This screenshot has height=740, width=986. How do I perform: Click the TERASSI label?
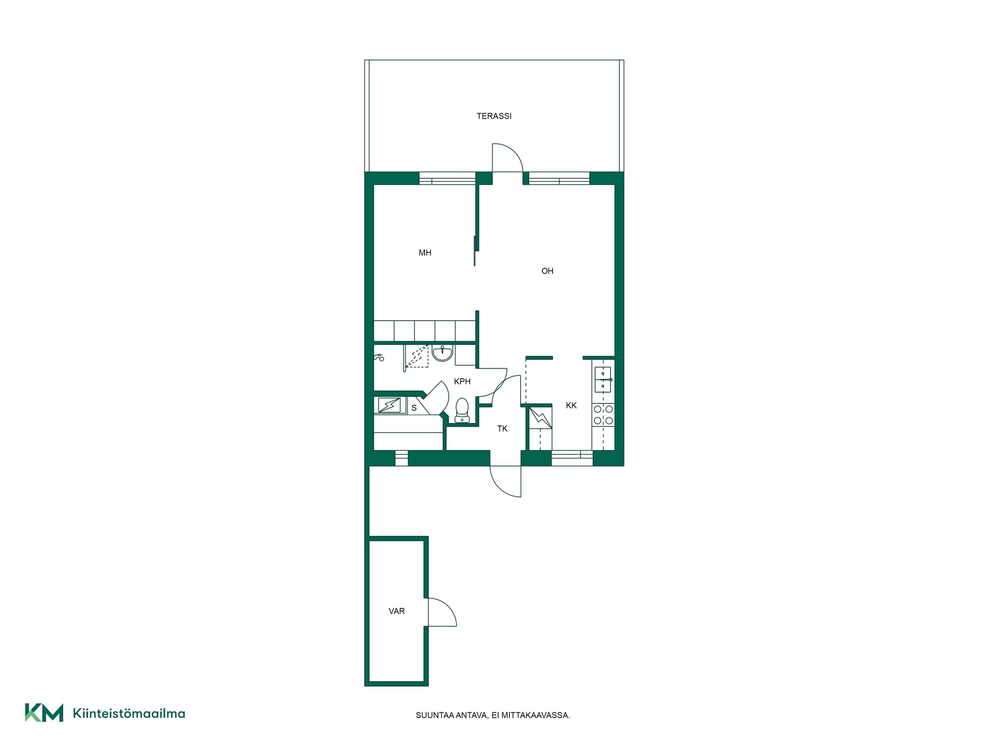[x=494, y=116]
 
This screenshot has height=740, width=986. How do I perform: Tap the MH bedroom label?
[x=425, y=253]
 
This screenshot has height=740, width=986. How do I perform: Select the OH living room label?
[x=547, y=271]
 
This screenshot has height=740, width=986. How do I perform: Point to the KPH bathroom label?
[x=462, y=381]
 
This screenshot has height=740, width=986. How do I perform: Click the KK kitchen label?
[x=571, y=405]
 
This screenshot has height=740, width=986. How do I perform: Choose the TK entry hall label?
[x=502, y=429]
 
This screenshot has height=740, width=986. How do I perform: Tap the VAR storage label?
[x=397, y=611]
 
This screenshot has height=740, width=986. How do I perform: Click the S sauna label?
[x=414, y=408]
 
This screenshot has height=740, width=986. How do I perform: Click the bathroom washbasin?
[x=442, y=353]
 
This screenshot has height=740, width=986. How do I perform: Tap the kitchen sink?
[x=602, y=379]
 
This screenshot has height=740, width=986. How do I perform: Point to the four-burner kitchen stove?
[x=603, y=415]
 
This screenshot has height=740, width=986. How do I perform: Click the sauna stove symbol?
[x=389, y=405]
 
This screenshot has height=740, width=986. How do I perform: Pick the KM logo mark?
[x=44, y=713]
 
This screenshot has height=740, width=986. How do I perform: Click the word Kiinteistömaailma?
[x=129, y=713]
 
